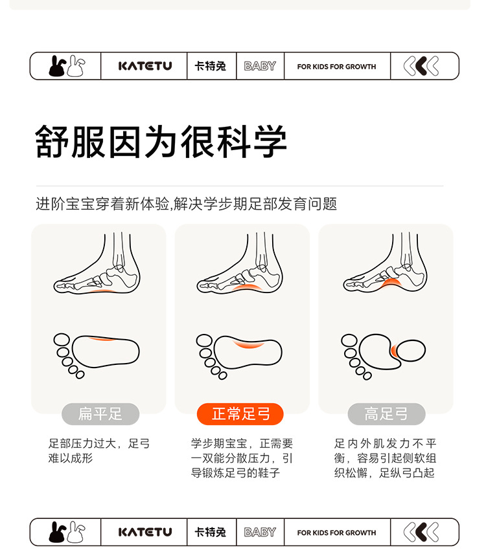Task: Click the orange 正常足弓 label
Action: pyautogui.click(x=240, y=414)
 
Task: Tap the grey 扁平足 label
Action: pyautogui.click(x=100, y=414)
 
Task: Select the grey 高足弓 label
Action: pyautogui.click(x=386, y=414)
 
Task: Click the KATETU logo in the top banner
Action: pyautogui.click(x=145, y=66)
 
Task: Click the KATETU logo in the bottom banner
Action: pyautogui.click(x=145, y=532)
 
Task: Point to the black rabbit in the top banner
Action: pyautogui.click(x=57, y=66)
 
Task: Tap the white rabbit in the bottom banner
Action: pyautogui.click(x=76, y=532)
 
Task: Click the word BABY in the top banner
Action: pyautogui.click(x=260, y=66)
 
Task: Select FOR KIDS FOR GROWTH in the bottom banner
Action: pyautogui.click(x=336, y=533)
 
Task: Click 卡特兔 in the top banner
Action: pyautogui.click(x=211, y=66)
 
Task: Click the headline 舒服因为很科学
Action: pyautogui.click(x=161, y=141)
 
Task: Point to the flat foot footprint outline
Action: pyautogui.click(x=106, y=351)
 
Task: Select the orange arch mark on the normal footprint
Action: pyautogui.click(x=249, y=343)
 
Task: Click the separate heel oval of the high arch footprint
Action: pyautogui.click(x=411, y=351)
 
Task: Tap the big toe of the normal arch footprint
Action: pyautogui.click(x=204, y=340)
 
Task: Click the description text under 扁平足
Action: pyautogui.click(x=99, y=451)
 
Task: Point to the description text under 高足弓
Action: pyautogui.click(x=385, y=458)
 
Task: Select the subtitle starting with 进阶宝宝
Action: pyautogui.click(x=187, y=204)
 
